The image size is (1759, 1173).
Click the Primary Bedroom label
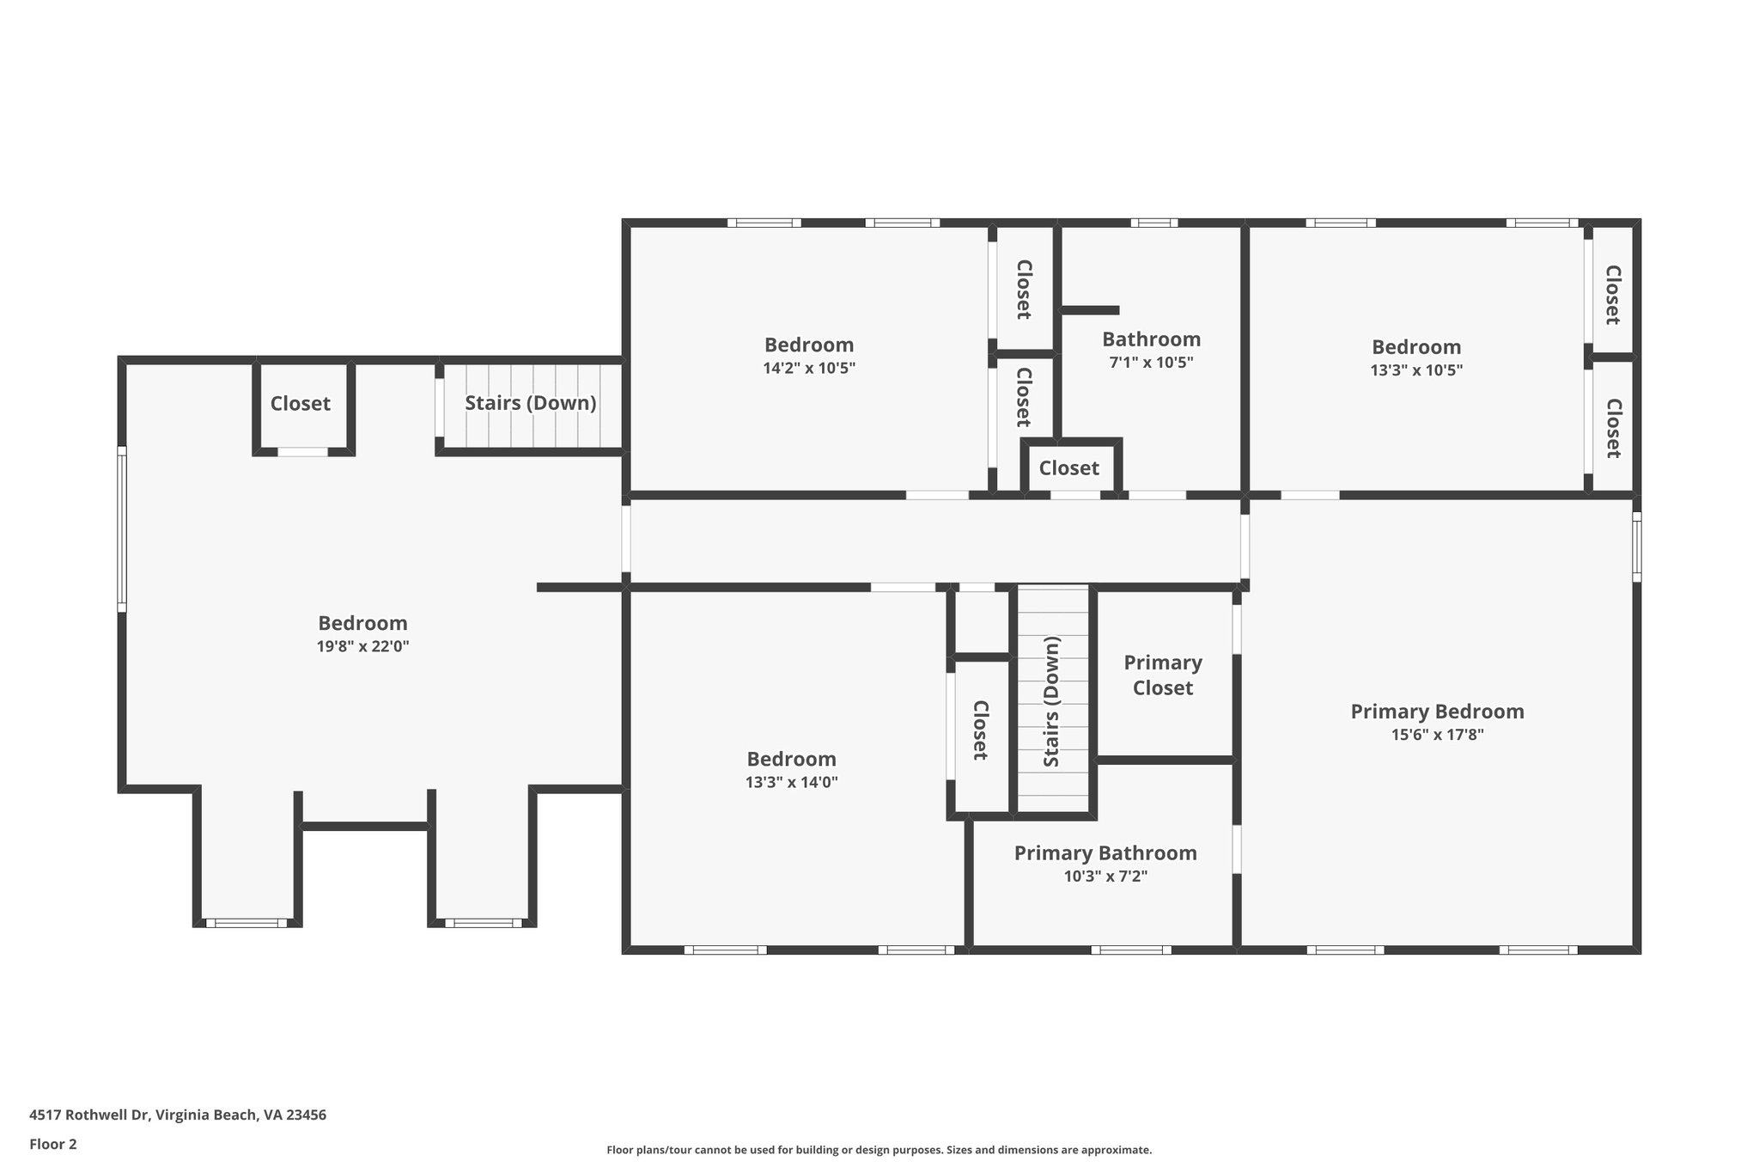point(1437,712)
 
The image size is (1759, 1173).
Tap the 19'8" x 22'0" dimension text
point(362,646)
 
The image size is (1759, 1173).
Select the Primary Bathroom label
point(1105,853)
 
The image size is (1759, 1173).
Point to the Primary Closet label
point(1163,675)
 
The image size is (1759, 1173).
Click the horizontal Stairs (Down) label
point(531,403)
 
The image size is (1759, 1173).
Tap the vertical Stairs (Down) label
point(1052,701)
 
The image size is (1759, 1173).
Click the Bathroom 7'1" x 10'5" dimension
point(1151,363)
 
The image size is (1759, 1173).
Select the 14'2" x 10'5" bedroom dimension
point(809,369)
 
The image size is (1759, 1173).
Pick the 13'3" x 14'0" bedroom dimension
point(791,783)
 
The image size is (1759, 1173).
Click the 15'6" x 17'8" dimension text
point(1437,735)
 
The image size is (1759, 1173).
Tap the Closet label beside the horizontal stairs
point(300,403)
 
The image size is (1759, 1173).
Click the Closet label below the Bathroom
point(1068,467)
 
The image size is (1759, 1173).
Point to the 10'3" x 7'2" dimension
point(1105,877)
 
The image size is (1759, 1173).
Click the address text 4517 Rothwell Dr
point(89,1115)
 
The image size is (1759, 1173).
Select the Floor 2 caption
point(53,1144)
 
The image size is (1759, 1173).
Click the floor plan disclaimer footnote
point(879,1150)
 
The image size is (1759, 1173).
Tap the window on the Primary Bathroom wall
point(1131,950)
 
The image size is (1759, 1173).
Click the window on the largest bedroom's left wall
point(122,528)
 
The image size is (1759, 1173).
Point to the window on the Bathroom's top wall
point(1153,223)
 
